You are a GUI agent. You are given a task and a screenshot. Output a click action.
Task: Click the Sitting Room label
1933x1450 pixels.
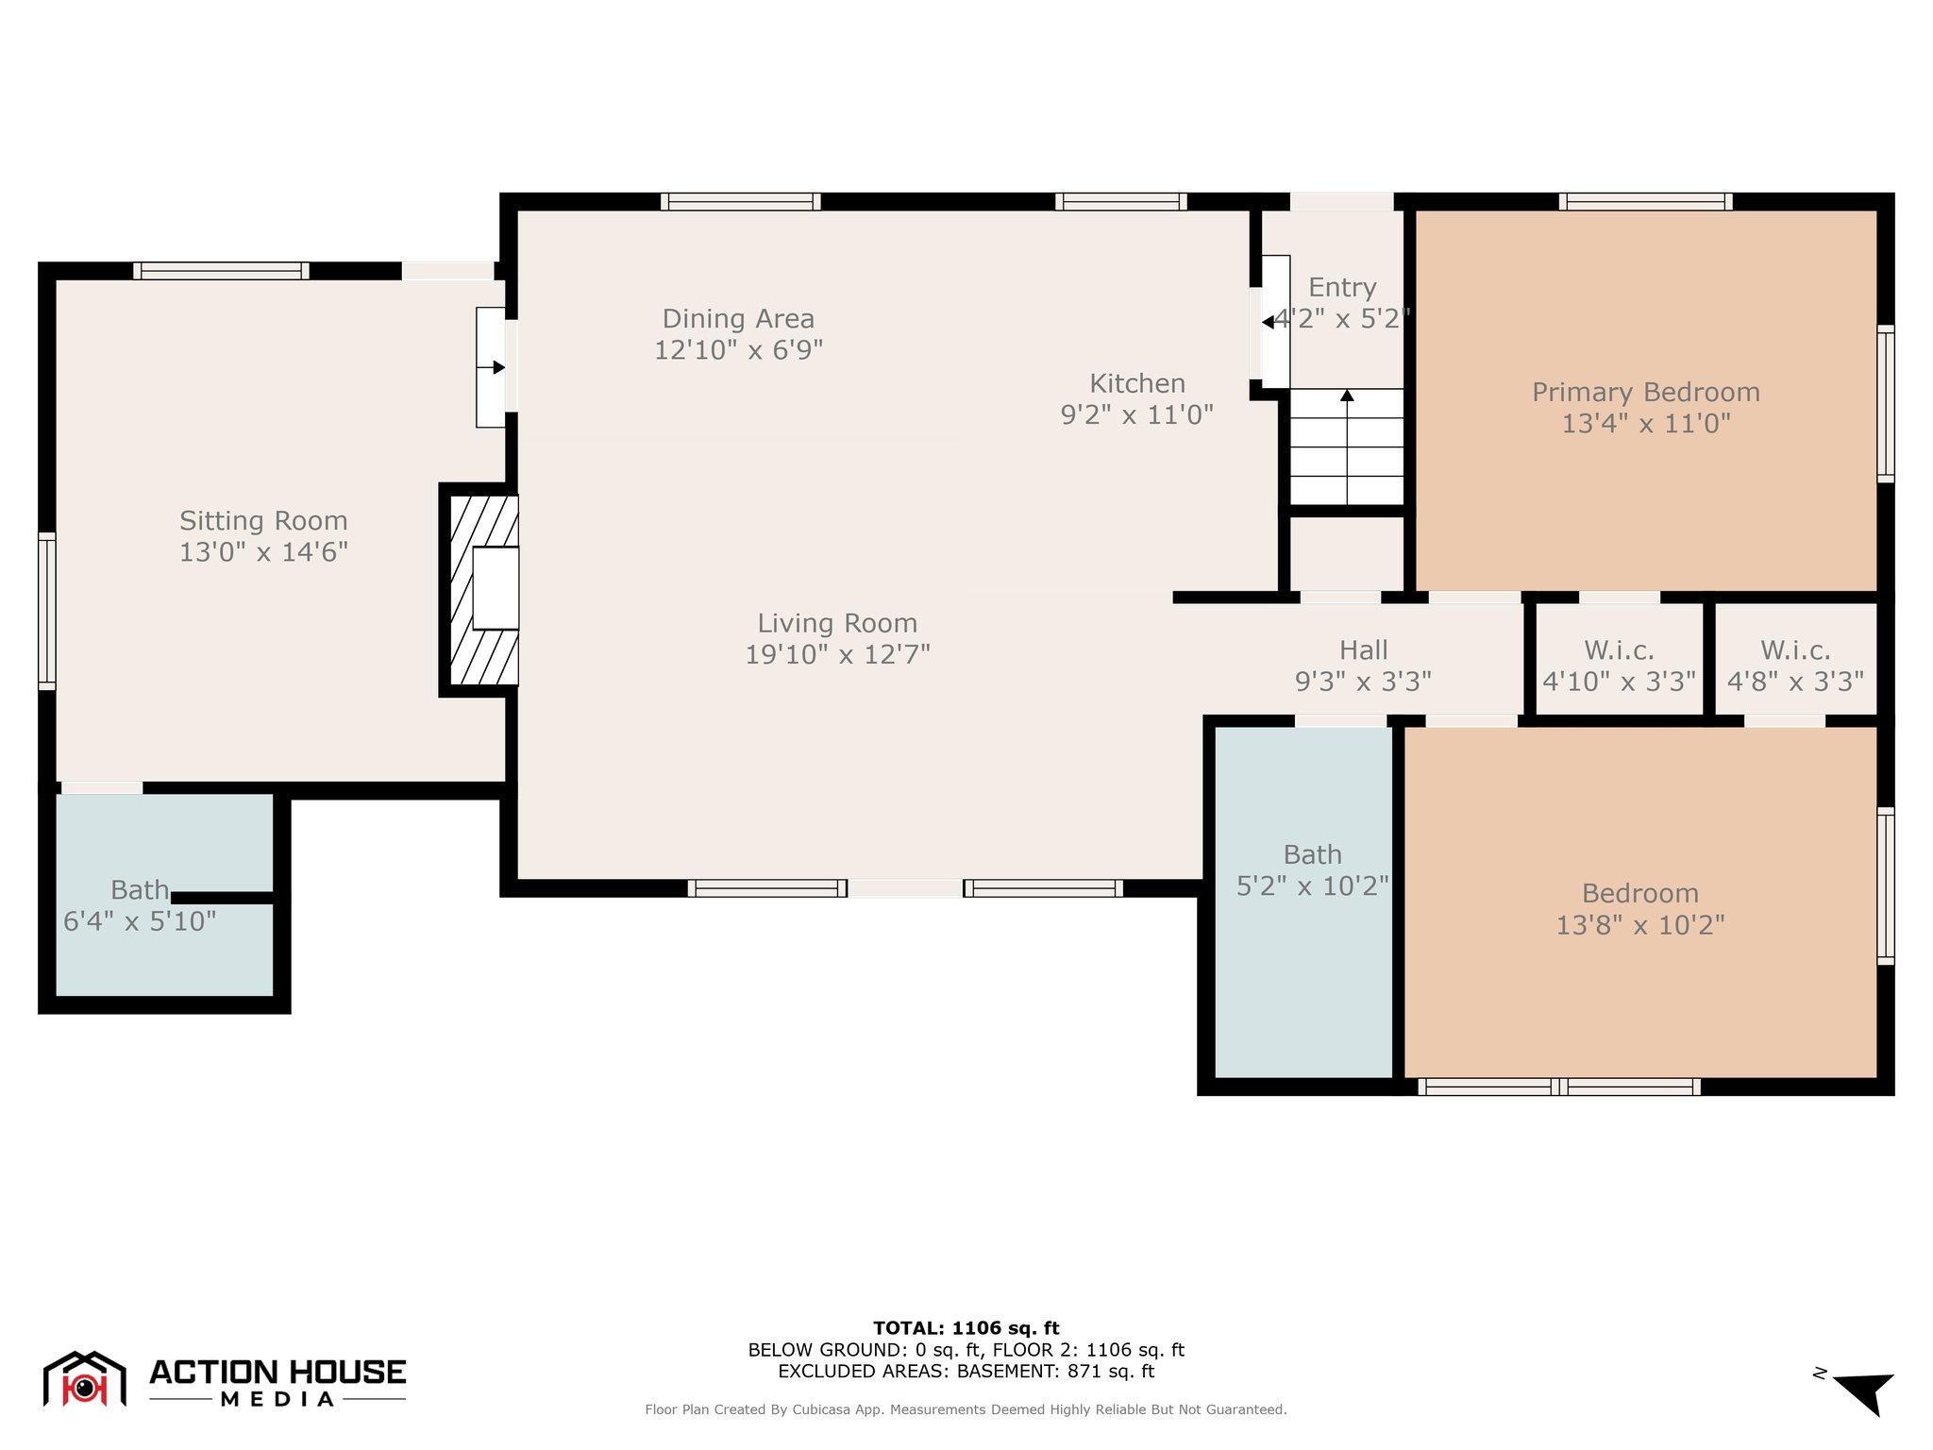(x=263, y=521)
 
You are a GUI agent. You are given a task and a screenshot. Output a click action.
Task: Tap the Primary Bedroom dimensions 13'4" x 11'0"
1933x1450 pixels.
(x=1646, y=423)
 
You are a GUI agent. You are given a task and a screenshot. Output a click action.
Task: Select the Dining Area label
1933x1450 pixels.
(x=738, y=319)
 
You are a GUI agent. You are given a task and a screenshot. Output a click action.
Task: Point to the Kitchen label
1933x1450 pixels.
(x=1137, y=383)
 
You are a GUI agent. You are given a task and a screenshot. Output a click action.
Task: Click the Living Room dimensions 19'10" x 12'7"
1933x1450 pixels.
(x=838, y=654)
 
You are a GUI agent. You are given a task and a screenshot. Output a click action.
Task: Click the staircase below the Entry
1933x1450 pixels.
(x=1347, y=447)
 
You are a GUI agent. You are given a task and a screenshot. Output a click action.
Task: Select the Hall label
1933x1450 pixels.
(x=1364, y=649)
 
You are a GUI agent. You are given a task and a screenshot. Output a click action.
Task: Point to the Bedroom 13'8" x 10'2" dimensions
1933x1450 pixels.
(x=1640, y=924)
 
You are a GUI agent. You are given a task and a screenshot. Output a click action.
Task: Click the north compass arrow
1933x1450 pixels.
(x=1864, y=1393)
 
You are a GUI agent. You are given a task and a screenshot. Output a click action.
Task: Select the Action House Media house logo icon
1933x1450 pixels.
(x=85, y=1379)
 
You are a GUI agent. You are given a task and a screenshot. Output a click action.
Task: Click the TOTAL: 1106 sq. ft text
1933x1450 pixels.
(x=966, y=1328)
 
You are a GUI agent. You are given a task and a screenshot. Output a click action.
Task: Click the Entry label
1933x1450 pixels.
(x=1342, y=287)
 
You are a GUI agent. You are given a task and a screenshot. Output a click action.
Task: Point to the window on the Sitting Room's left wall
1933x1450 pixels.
(x=46, y=611)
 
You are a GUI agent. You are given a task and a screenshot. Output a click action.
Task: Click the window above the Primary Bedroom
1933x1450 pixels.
(x=1645, y=201)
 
